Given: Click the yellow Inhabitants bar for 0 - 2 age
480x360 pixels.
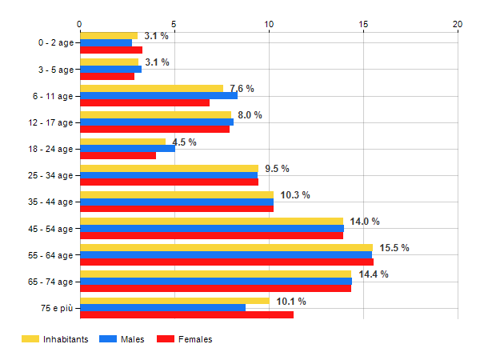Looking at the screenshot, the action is click(109, 36).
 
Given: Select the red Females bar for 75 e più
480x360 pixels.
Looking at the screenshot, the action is click(187, 314).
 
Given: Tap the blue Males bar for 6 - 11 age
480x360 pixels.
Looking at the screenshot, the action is click(159, 95).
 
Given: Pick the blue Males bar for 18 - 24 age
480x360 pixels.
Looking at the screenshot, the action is click(128, 149).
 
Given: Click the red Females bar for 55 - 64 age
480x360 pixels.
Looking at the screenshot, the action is click(227, 262).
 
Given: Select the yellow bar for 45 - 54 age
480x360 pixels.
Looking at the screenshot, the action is click(212, 221).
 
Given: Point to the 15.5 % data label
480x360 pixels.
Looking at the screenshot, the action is click(394, 248).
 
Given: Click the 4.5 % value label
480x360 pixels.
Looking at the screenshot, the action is click(184, 142).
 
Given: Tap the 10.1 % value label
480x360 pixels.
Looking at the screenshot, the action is click(291, 302).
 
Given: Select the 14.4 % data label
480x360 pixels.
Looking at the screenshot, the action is click(374, 274).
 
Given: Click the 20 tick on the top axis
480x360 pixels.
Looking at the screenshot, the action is click(458, 24).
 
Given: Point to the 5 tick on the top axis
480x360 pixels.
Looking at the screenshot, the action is click(174, 24).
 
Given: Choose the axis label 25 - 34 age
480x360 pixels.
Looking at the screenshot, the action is click(50, 175).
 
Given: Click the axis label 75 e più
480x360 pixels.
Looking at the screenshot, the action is click(57, 308).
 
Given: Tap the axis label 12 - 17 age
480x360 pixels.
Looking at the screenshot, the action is click(50, 122).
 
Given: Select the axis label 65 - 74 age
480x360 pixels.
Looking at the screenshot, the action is click(50, 282).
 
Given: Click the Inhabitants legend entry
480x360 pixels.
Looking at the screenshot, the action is click(54, 339).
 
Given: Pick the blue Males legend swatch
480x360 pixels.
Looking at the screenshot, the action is click(108, 339).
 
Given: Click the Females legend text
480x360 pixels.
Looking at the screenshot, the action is click(195, 339).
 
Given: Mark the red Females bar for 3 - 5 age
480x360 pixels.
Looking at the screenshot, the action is click(107, 77).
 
